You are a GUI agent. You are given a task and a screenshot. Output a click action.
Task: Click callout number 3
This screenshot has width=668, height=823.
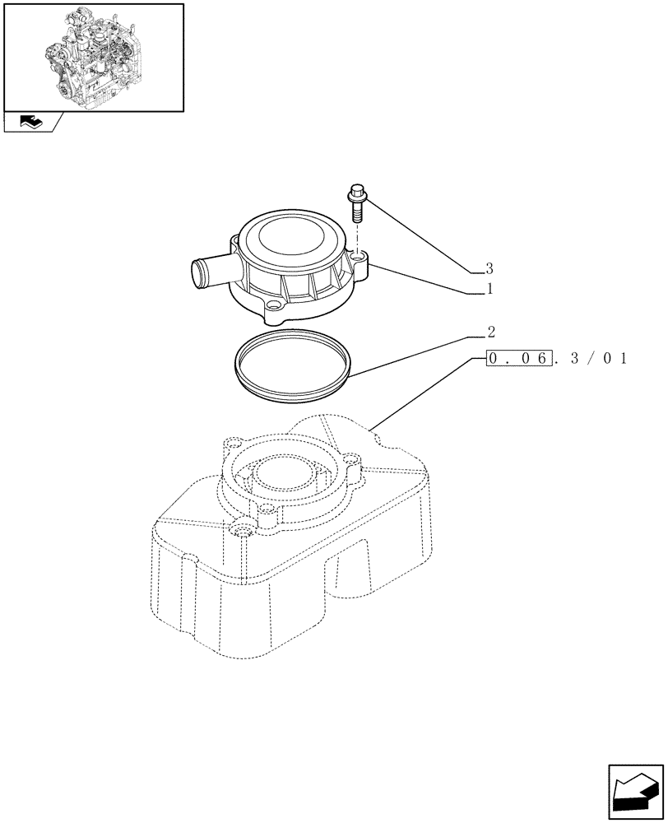pyautogui.click(x=489, y=268)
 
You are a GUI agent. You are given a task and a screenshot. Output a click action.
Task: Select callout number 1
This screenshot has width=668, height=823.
pyautogui.click(x=489, y=290)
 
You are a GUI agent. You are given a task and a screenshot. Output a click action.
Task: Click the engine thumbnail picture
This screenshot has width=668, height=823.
pyautogui.click(x=93, y=56)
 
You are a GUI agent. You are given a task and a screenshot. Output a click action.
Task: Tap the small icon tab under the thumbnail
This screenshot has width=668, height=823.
pyautogui.click(x=32, y=123)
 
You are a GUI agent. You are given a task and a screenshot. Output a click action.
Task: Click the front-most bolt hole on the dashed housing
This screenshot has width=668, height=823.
pyautogui.click(x=242, y=531)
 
